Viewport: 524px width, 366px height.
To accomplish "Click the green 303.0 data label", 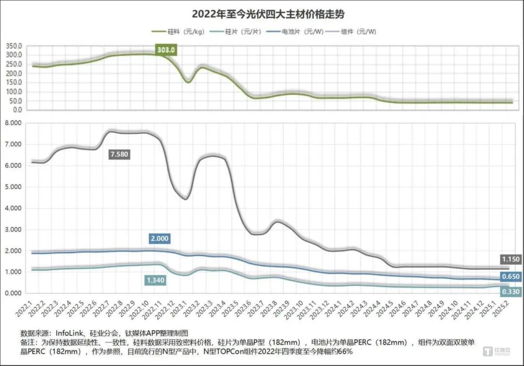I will click(165, 49).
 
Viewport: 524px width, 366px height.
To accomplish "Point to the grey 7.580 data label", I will click(119, 154).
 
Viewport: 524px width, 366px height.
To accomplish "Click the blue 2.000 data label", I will click(160, 239).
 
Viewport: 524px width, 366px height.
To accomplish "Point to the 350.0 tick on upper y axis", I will click(14, 46).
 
